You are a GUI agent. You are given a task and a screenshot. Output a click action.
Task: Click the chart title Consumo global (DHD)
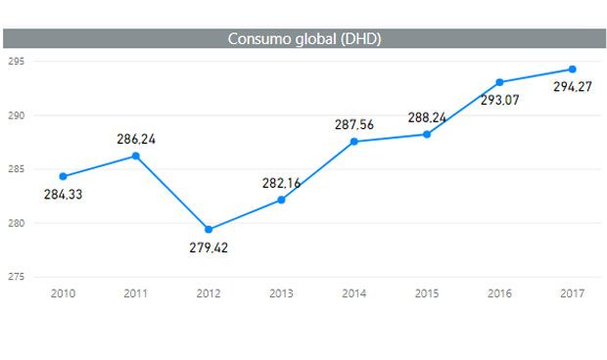[303, 39]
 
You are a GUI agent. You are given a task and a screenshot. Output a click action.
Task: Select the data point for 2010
[63, 176]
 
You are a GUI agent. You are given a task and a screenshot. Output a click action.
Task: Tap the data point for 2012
[209, 229]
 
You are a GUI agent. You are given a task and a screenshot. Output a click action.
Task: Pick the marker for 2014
[353, 142]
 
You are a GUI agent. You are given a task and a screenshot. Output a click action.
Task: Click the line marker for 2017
[572, 69]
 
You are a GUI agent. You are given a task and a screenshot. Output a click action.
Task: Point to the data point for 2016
[499, 82]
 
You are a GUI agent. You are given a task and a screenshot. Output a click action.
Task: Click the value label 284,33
[64, 194]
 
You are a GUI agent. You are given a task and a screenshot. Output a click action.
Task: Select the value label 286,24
[136, 139]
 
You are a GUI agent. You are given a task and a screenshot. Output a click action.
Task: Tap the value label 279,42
[209, 247]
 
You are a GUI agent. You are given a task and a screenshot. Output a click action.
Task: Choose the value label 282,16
[281, 182]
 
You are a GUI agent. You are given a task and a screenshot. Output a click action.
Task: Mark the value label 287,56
[353, 124]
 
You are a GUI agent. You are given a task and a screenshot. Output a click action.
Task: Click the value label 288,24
[427, 116]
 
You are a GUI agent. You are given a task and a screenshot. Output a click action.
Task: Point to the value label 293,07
[499, 100]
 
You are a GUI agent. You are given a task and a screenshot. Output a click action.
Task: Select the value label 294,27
[571, 87]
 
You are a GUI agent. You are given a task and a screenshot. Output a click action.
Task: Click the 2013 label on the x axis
[281, 293]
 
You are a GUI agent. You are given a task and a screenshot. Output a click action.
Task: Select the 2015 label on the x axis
[427, 293]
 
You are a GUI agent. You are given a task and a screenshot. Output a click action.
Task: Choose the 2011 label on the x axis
[136, 293]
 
